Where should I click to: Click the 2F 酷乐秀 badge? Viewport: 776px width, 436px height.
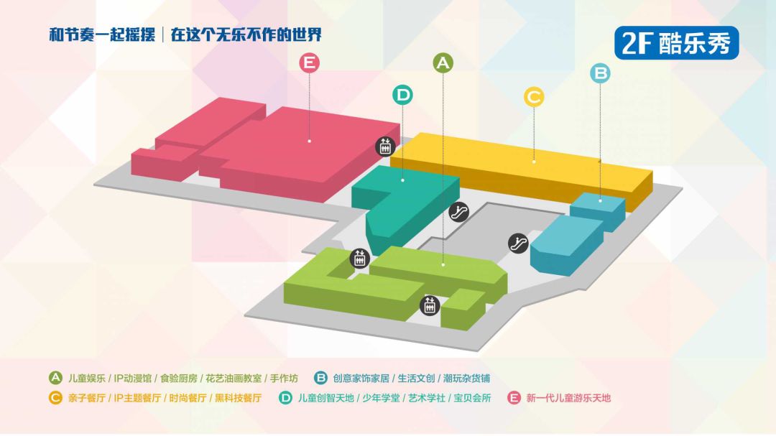[x=676, y=43]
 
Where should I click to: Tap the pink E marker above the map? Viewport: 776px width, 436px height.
[x=309, y=63]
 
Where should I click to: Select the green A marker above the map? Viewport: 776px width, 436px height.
[x=443, y=62]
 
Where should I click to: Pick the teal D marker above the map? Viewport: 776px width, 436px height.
[x=403, y=94]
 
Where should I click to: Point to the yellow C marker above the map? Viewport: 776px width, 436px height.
[x=534, y=96]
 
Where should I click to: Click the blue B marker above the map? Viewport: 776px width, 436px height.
[x=601, y=73]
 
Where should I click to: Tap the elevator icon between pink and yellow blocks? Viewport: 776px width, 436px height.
[x=386, y=147]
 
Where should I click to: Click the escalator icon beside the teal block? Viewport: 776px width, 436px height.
[x=459, y=212]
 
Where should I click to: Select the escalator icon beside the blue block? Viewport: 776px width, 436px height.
[x=519, y=243]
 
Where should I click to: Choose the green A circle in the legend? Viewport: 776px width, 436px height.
[x=55, y=378]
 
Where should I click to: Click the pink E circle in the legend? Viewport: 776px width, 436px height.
[x=514, y=397]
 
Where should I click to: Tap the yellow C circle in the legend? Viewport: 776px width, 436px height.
[x=55, y=397]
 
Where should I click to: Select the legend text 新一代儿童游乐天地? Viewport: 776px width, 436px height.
[x=568, y=397]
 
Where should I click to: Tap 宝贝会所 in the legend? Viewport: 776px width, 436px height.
[x=473, y=397]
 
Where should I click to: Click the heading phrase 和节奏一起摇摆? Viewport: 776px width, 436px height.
[x=102, y=34]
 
